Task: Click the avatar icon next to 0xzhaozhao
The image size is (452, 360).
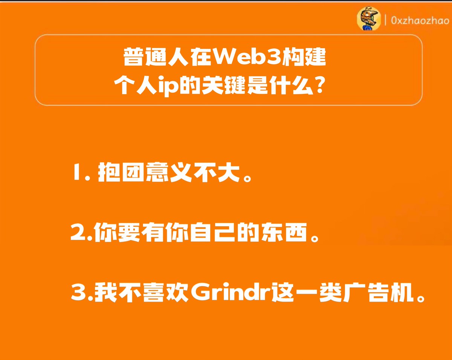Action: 366,19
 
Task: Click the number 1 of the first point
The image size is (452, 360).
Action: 76,175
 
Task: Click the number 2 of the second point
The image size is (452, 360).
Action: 78,234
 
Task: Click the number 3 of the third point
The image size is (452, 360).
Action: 78,293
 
